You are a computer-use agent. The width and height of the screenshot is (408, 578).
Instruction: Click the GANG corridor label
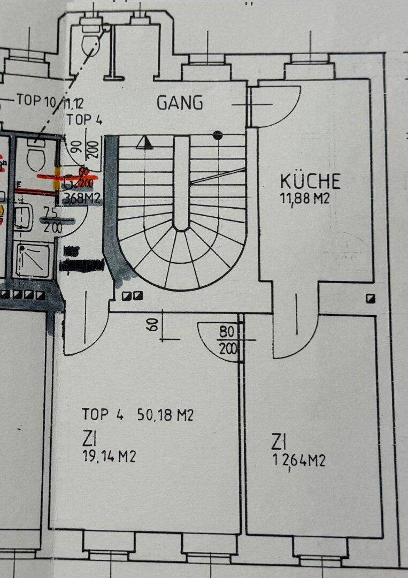pos(180,102)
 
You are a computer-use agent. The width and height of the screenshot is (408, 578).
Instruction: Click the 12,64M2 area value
pos(298,461)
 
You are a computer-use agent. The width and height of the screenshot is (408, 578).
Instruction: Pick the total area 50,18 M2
pos(165,415)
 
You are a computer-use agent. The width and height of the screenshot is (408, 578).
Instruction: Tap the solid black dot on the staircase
pos(217,135)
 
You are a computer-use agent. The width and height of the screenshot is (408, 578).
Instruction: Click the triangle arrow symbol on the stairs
pos(143,142)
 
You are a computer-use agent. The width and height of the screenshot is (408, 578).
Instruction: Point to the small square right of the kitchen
pos(370,299)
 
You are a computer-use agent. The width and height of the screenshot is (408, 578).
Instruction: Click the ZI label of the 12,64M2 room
pos(277,442)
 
